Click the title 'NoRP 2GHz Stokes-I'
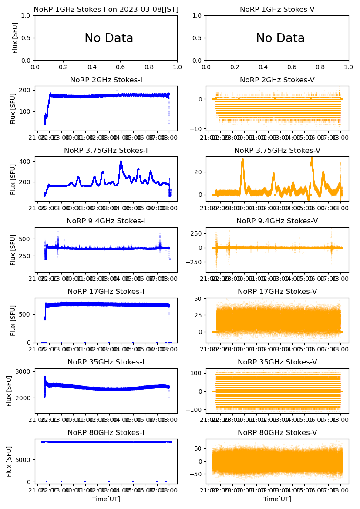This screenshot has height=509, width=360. click(x=106, y=80)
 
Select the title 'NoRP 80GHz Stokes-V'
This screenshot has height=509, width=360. click(x=277, y=432)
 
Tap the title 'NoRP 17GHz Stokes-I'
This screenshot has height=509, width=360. click(x=106, y=291)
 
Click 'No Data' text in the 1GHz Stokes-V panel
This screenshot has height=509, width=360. click(x=280, y=38)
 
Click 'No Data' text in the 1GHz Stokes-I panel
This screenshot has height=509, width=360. click(x=109, y=38)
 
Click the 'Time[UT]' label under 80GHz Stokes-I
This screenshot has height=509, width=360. click(x=106, y=499)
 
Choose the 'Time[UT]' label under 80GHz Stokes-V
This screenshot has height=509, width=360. click(x=277, y=499)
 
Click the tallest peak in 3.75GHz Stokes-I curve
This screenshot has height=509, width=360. click(x=121, y=162)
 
